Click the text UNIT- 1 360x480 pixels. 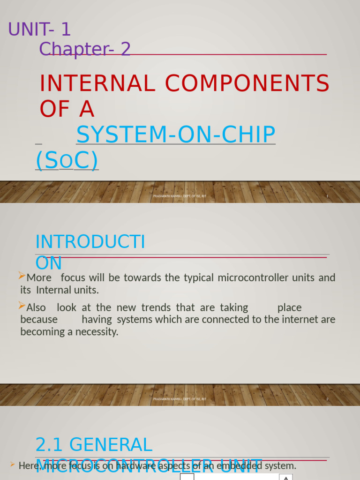pyautogui.click(x=39, y=30)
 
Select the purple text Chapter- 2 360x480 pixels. pyautogui.click(x=85, y=49)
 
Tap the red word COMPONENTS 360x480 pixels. pyautogui.click(x=247, y=84)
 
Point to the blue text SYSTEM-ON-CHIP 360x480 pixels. pyautogui.click(x=176, y=135)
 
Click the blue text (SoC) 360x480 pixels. pyautogui.click(x=67, y=161)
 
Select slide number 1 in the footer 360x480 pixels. pyautogui.click(x=327, y=196)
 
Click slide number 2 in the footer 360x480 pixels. pyautogui.click(x=327, y=399)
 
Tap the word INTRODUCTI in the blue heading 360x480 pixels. pyautogui.click(x=90, y=242)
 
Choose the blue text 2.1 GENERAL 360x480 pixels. pyautogui.click(x=94, y=445)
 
